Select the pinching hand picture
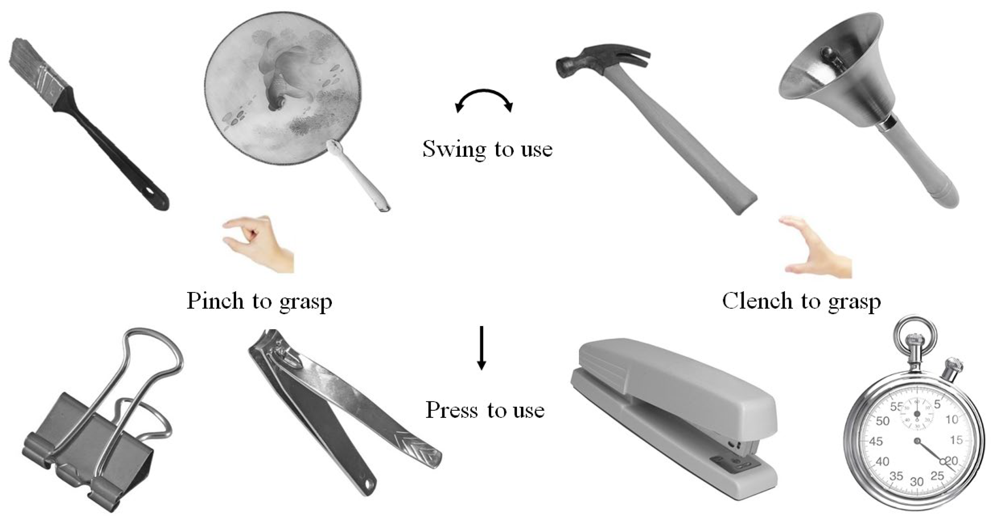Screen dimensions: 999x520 258,244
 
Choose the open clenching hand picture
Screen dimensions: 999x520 816,248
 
